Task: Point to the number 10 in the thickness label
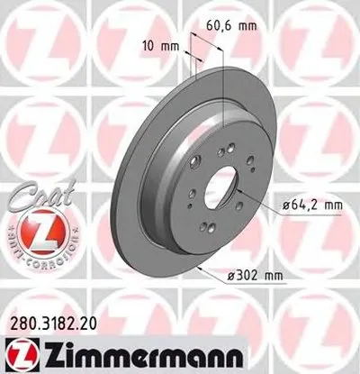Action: coord(146,42)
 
